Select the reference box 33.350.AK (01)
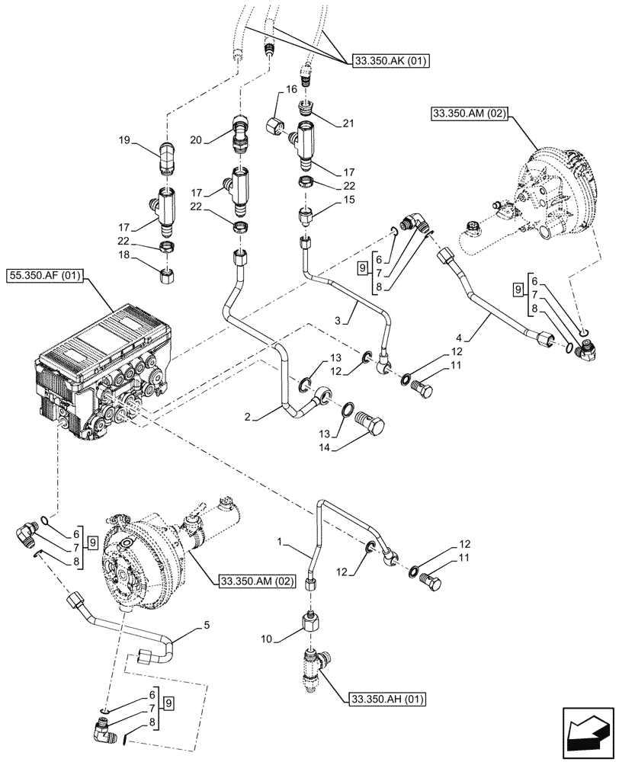tap(388, 60)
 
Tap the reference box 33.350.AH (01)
tap(388, 697)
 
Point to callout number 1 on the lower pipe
tap(282, 543)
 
